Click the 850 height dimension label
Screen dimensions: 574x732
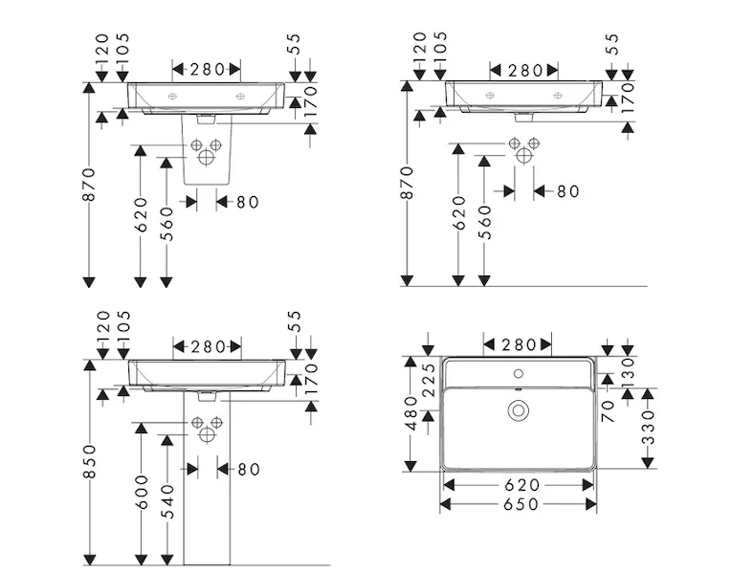click(x=89, y=462)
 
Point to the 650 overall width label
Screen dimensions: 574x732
click(x=518, y=504)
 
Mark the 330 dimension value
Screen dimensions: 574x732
click(x=651, y=428)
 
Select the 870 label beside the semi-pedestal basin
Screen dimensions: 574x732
click(x=89, y=184)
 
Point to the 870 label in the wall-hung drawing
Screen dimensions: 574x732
click(x=407, y=184)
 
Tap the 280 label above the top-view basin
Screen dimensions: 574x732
click(x=518, y=343)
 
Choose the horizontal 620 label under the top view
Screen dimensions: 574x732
click(x=518, y=486)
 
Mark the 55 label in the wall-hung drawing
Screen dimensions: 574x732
click(x=613, y=44)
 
